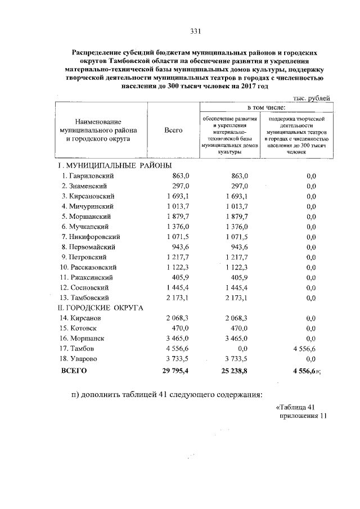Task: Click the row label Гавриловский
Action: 90,176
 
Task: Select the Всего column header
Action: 173,130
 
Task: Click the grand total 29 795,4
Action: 176,371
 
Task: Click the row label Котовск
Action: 84,328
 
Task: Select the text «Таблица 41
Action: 298,407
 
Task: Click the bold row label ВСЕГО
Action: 74,371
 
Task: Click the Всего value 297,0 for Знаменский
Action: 182,186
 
